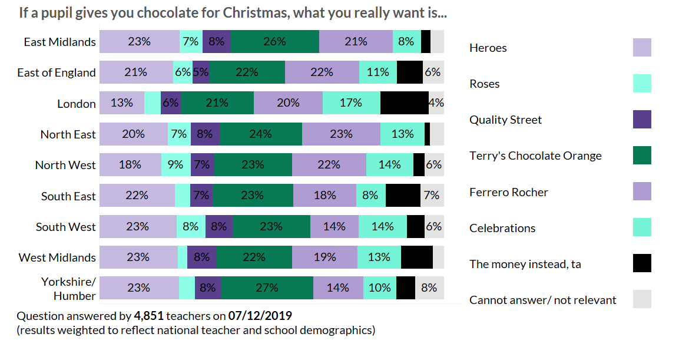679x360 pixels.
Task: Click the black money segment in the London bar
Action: point(404,103)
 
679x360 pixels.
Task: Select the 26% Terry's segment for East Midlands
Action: point(275,42)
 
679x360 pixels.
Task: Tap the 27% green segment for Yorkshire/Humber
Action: point(267,288)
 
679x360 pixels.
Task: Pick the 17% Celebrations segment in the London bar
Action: point(351,103)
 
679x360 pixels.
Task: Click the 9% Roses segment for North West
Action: point(175,165)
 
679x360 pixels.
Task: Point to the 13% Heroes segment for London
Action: point(121,103)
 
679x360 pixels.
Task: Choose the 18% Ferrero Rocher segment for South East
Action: point(324,196)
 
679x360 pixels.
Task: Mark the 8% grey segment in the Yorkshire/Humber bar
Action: point(429,288)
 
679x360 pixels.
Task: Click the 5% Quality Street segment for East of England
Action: point(201,72)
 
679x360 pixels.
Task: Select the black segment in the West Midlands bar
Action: point(416,257)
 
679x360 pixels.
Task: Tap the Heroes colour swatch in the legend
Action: point(642,48)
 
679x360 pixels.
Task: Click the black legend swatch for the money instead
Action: point(642,263)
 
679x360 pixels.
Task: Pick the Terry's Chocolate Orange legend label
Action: point(535,156)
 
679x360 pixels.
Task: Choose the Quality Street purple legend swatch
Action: point(642,120)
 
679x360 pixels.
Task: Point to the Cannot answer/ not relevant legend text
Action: point(542,300)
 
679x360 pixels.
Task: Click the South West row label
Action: point(65,227)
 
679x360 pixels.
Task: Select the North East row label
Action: point(68,134)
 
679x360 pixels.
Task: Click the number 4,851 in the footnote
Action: point(148,316)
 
